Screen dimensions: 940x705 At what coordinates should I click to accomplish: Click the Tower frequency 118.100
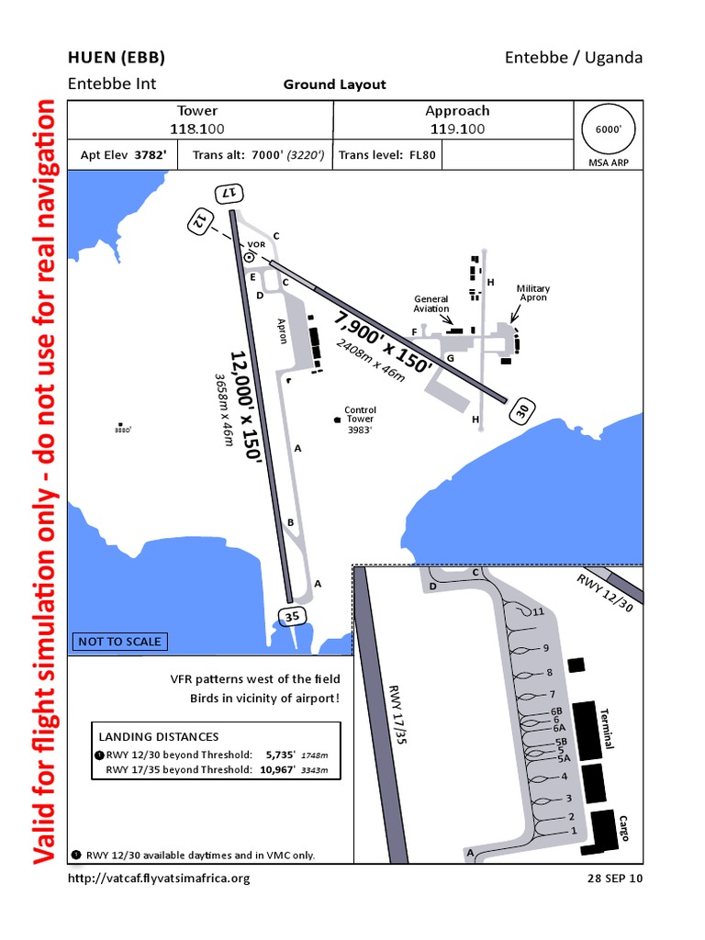click(x=198, y=129)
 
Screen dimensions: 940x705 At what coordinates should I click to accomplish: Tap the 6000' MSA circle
click(x=609, y=130)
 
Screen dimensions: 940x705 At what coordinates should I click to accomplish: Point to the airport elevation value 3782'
click(x=151, y=155)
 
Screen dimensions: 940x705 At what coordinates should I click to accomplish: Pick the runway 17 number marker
click(x=230, y=194)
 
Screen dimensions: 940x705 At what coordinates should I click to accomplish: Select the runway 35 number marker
click(x=292, y=617)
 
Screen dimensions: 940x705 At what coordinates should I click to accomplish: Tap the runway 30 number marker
click(x=522, y=413)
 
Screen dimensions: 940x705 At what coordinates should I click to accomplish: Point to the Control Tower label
click(x=360, y=415)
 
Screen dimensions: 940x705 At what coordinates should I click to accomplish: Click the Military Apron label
click(x=532, y=293)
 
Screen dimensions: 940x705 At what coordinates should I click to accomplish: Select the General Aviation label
click(x=431, y=304)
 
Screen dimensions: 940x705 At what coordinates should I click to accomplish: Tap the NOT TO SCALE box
click(x=119, y=642)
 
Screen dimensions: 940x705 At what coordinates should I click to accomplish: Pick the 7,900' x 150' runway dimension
click(x=383, y=341)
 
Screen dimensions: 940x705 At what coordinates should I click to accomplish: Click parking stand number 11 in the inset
click(x=539, y=611)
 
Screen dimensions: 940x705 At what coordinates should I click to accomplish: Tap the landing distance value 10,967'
click(x=278, y=769)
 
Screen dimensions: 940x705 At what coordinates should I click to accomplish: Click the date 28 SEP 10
click(x=615, y=878)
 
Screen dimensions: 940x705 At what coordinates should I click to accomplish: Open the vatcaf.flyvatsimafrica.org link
click(x=159, y=878)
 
